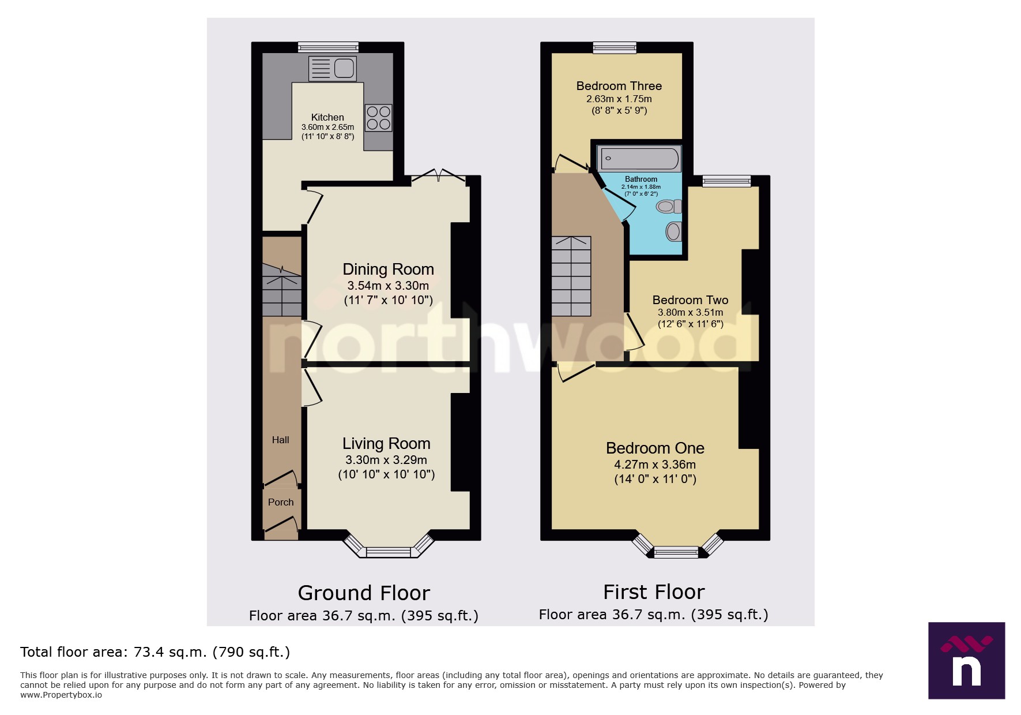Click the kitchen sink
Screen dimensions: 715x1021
(x=333, y=69)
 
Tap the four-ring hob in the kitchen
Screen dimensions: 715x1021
(x=378, y=118)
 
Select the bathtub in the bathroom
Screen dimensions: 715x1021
(x=639, y=158)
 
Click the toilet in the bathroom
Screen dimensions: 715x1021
(x=669, y=206)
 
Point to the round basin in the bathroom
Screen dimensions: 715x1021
(x=673, y=232)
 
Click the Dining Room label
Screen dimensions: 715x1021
(x=388, y=269)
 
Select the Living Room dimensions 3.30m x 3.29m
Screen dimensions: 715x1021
(x=386, y=460)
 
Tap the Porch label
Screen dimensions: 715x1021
(x=281, y=502)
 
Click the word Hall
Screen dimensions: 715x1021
(x=280, y=440)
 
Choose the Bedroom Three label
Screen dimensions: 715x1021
(x=619, y=86)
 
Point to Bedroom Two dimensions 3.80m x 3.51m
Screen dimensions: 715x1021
(x=690, y=312)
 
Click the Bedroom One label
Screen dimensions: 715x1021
(x=655, y=448)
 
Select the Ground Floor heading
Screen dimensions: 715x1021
(x=364, y=593)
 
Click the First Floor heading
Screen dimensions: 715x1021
(x=654, y=592)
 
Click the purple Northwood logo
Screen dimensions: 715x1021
(x=966, y=660)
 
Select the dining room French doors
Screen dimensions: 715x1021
(x=438, y=176)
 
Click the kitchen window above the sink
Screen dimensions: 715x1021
(x=328, y=47)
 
